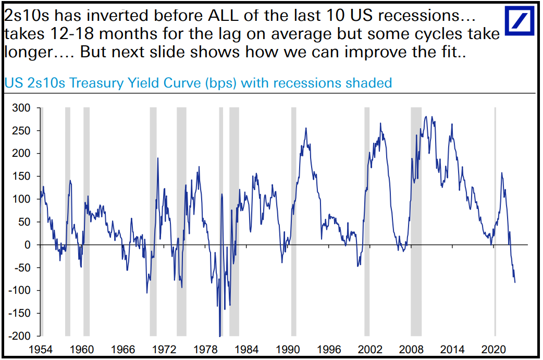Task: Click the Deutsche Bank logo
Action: (x=521, y=21)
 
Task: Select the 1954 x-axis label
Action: (x=41, y=349)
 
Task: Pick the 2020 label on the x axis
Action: (x=493, y=349)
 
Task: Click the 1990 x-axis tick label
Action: (x=288, y=349)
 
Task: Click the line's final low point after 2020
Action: (x=515, y=282)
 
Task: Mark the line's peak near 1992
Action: (x=305, y=128)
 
